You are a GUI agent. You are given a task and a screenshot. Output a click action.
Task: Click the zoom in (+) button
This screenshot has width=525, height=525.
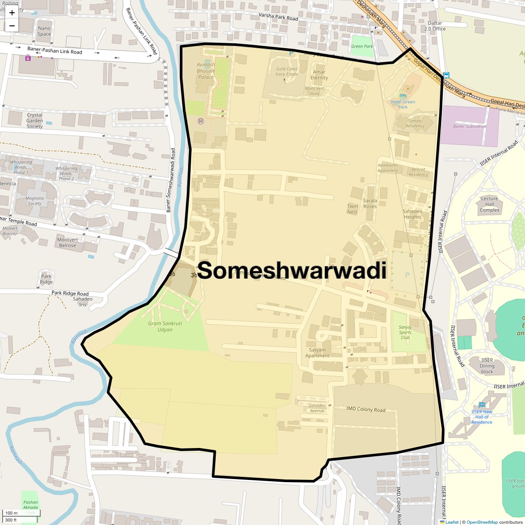click(x=12, y=13)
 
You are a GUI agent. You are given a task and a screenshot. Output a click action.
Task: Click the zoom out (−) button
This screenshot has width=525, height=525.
click(x=12, y=26)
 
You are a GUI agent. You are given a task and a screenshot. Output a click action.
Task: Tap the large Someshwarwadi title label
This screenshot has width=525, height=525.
click(x=292, y=271)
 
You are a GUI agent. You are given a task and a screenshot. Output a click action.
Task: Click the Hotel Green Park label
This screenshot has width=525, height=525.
click(x=402, y=104)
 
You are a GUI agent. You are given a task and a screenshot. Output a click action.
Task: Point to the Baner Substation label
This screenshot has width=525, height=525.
click(x=469, y=126)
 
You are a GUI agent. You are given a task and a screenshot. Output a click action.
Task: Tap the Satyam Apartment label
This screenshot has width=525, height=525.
click(x=318, y=353)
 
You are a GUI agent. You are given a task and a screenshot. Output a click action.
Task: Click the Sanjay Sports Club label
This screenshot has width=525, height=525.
click(x=405, y=332)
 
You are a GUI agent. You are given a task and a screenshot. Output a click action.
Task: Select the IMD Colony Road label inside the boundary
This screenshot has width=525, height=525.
click(x=365, y=409)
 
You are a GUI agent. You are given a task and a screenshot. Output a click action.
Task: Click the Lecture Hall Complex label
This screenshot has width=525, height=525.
click(x=489, y=204)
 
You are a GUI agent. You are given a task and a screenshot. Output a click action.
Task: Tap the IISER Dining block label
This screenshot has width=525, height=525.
click(x=487, y=366)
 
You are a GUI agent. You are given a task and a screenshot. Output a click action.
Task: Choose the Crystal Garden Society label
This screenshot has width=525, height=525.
click(x=35, y=121)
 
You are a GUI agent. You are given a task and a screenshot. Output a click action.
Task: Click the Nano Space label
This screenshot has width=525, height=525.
click(x=44, y=31)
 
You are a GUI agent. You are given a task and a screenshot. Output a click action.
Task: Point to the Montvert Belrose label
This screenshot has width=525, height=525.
click(x=67, y=242)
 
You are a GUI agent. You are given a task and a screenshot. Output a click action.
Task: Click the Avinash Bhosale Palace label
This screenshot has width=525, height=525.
click(x=206, y=71)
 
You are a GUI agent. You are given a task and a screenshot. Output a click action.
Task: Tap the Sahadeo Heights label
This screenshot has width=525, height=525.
click(x=412, y=214)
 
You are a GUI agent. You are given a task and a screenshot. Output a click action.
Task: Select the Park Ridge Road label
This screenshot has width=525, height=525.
click(x=70, y=293)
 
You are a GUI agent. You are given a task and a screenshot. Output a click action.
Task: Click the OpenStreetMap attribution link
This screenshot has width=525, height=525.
click(x=482, y=522)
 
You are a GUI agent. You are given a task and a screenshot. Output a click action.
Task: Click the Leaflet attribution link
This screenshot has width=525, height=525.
click(x=451, y=522)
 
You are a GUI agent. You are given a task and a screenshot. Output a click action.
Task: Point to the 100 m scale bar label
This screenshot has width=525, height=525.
click(x=11, y=513)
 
